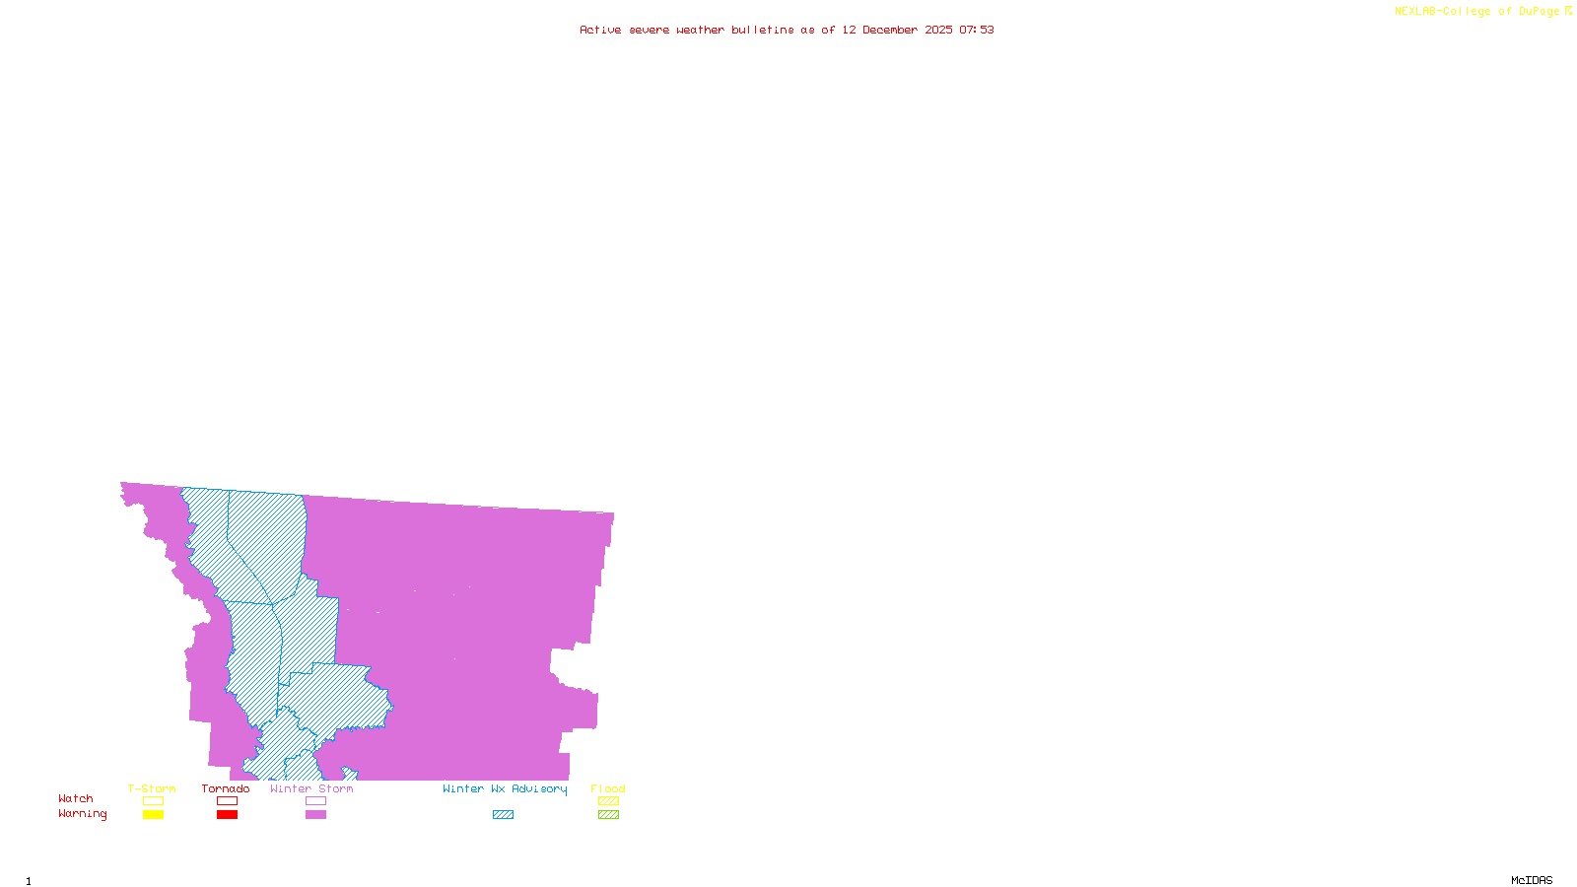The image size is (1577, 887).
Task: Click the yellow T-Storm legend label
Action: tap(152, 788)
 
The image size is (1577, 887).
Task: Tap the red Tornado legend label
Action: tap(226, 788)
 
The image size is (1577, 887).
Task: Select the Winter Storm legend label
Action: tap(311, 788)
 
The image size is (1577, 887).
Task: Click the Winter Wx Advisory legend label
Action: tap(505, 788)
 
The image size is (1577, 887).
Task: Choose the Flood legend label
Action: tap(608, 788)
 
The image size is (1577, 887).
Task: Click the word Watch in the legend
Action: tap(76, 798)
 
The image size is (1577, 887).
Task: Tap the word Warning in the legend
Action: tap(83, 814)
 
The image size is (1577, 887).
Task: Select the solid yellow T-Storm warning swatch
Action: tap(153, 815)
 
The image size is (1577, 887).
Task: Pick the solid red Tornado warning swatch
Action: tap(227, 815)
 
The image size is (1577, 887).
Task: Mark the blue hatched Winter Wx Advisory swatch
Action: tap(503, 815)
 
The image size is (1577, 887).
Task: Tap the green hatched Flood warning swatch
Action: tap(609, 815)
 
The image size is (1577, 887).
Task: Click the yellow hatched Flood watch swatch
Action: tap(609, 801)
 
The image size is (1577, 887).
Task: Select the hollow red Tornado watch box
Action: tap(227, 801)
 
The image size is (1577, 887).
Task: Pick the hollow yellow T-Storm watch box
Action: tap(153, 801)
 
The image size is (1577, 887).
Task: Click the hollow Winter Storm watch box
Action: tap(315, 801)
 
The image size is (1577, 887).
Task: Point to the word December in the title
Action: tap(890, 30)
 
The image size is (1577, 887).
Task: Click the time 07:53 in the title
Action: tap(977, 30)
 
